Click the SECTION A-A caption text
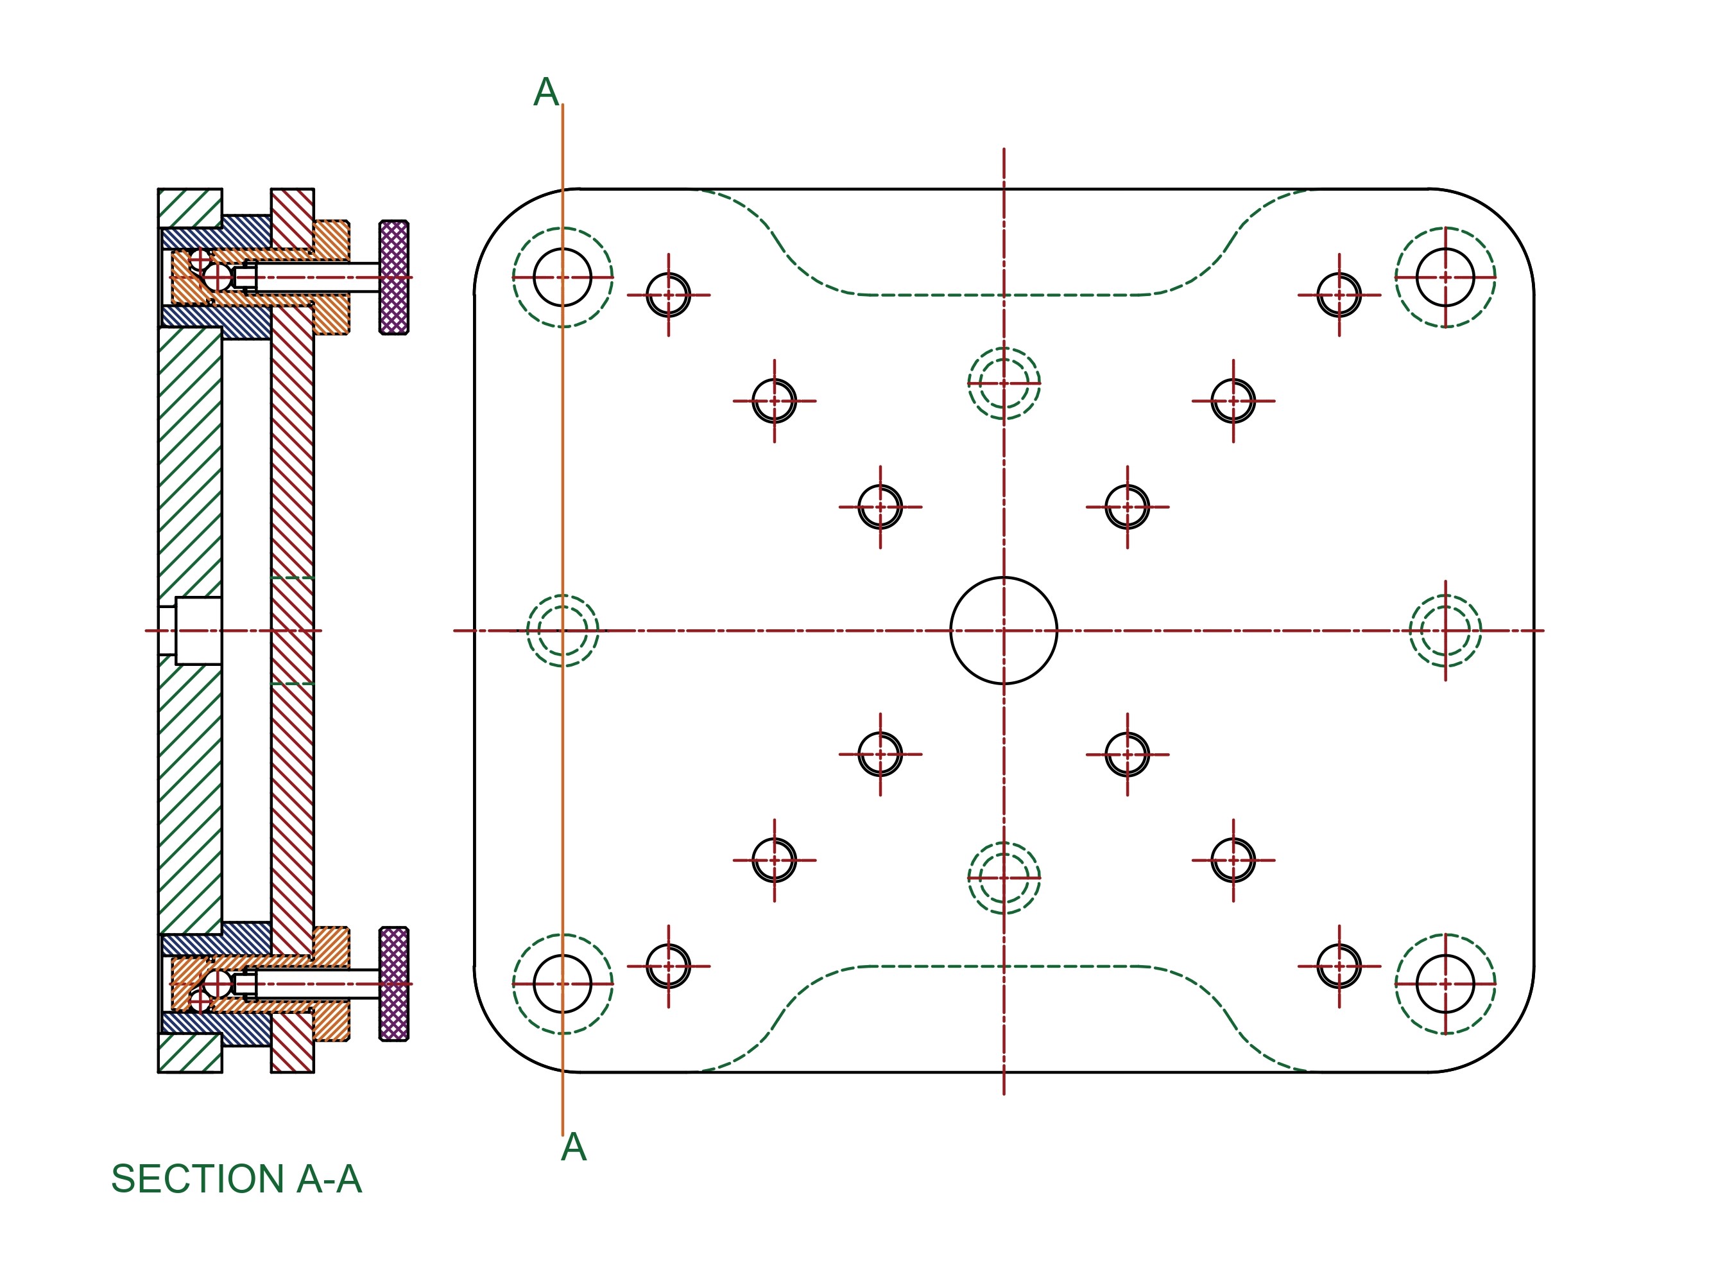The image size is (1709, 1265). point(236,1179)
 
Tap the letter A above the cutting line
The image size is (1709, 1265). point(545,93)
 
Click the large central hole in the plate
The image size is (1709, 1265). point(1003,630)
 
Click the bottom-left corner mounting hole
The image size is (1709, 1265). point(563,984)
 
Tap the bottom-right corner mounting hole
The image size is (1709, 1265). point(1445,984)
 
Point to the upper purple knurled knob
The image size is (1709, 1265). point(393,277)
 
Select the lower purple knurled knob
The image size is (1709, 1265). point(393,984)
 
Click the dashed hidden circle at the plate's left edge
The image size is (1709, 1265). point(563,630)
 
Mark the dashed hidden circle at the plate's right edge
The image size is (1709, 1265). point(1445,630)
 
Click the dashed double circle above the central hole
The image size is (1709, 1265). point(1003,383)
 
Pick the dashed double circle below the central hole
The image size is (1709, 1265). point(1003,878)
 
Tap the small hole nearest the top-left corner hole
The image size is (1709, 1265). point(668,295)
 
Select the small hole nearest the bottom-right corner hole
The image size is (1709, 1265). point(1339,966)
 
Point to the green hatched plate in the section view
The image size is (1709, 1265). point(190,459)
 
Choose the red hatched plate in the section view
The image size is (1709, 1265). point(291,459)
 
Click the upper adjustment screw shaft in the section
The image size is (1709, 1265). point(318,277)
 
